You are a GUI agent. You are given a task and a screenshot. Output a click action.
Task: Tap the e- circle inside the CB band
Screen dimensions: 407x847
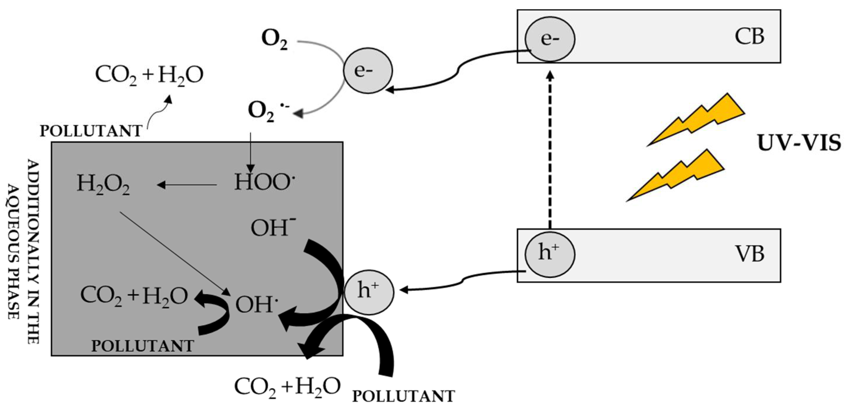550,39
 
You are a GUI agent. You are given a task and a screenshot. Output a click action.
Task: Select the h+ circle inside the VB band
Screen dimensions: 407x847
550,254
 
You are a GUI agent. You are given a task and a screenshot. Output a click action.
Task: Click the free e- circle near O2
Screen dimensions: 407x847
368,70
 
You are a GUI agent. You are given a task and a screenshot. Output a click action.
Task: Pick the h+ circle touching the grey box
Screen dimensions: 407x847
369,292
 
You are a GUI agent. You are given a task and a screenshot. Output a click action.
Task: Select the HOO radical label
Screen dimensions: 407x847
264,182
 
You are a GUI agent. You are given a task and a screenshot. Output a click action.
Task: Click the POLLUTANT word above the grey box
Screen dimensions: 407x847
91,131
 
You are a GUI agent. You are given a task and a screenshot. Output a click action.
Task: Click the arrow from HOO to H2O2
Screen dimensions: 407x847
188,185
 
